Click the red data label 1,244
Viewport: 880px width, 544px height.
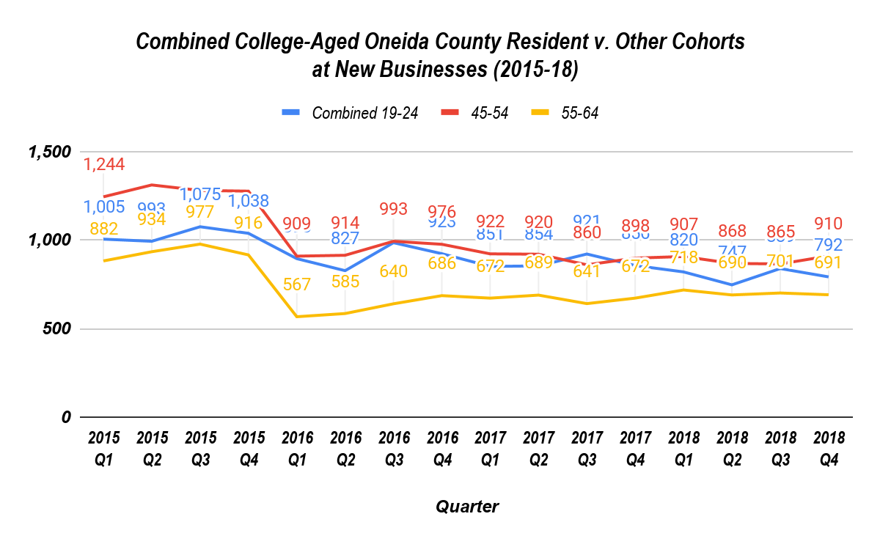pos(104,165)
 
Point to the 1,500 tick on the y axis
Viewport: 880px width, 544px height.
pos(49,152)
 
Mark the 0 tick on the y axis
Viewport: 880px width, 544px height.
pos(65,417)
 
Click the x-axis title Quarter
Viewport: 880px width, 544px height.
pos(467,507)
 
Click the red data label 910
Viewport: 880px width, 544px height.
pos(829,224)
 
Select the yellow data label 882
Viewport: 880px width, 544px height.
pos(104,229)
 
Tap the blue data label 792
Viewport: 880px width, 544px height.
pos(829,244)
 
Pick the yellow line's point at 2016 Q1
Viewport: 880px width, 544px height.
pos(297,317)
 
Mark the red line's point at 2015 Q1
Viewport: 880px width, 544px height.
pos(104,196)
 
